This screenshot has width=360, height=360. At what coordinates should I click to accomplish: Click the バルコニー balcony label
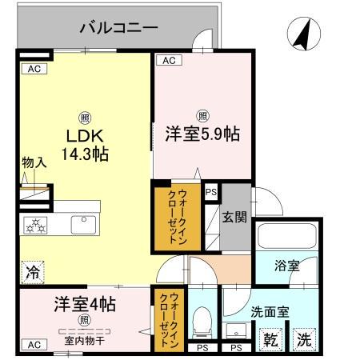coord(118,28)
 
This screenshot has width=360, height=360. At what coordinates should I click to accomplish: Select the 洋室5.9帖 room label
coord(203,135)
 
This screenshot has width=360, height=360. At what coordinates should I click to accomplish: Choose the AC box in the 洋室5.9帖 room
coord(168,60)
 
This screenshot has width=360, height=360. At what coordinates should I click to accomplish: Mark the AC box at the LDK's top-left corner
coord(34,69)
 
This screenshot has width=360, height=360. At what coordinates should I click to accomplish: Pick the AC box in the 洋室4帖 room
coord(34,344)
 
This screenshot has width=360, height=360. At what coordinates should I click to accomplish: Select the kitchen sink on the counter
coord(83,225)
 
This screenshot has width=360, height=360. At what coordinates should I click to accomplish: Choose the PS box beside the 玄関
coord(210,191)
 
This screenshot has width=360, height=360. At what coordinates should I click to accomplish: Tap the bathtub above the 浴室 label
coord(286,238)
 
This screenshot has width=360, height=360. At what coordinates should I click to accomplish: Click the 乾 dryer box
coord(272,339)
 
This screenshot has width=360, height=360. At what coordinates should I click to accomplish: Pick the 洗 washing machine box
coord(303,338)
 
